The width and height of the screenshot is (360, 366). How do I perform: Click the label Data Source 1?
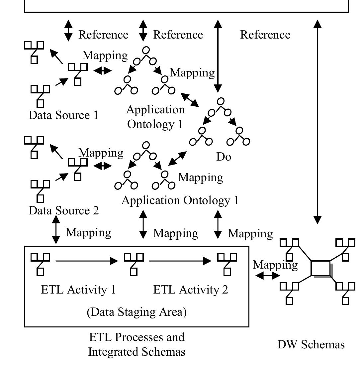tap(63, 115)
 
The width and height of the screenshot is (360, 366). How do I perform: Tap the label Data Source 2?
tap(64, 210)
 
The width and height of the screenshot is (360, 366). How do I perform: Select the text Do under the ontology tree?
tap(224, 157)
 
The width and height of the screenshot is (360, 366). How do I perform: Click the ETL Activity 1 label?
tap(78, 290)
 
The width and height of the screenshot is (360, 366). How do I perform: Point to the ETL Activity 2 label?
tap(191, 290)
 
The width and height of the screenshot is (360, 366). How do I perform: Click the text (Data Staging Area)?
tap(136, 312)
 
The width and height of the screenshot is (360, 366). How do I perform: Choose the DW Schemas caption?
tap(311, 344)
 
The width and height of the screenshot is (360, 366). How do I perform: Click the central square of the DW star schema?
tap(320, 268)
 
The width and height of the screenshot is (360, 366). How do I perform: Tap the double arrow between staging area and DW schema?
tap(267, 276)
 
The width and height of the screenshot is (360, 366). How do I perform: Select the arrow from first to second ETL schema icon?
tap(87, 261)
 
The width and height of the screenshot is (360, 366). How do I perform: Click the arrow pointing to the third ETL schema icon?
tap(180, 261)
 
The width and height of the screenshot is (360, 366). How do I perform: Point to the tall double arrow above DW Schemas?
tap(317, 122)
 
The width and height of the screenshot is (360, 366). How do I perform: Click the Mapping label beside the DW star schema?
tap(275, 265)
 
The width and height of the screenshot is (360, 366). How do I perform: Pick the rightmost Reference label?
tap(265, 35)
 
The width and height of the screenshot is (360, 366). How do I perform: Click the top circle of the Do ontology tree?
tap(221, 101)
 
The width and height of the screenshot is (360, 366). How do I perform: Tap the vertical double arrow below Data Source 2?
tap(56, 229)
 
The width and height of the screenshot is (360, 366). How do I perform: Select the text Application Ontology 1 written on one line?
tap(180, 200)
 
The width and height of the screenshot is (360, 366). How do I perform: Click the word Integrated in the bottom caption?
tap(113, 352)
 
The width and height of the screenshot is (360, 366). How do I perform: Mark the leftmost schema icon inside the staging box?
tap(40, 265)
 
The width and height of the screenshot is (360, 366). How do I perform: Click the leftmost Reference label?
tap(103, 35)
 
